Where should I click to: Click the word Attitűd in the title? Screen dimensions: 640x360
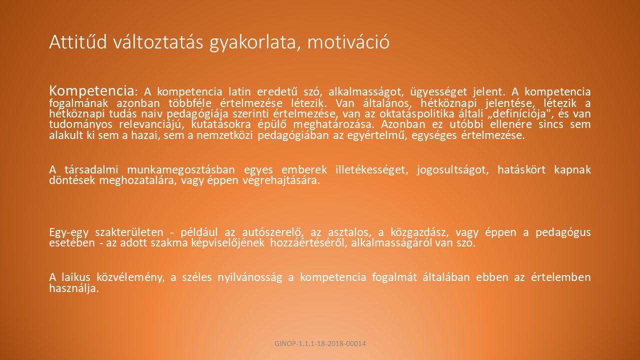point(78,42)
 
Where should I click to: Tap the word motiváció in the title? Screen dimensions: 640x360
point(348,42)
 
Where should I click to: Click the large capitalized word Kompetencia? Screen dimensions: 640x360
point(91,91)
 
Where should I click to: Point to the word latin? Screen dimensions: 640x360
point(239,91)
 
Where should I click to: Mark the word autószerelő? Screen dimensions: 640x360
point(273,232)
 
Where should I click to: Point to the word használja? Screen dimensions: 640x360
point(74,288)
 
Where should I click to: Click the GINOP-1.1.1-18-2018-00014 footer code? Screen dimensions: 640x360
point(320,343)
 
